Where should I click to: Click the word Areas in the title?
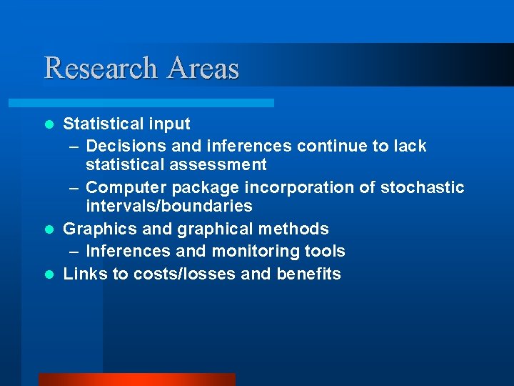coord(204,68)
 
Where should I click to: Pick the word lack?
coord(410,147)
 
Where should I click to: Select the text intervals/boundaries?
coord(168,207)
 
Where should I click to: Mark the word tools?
coord(326,252)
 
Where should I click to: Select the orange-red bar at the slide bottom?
coord(136,380)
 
